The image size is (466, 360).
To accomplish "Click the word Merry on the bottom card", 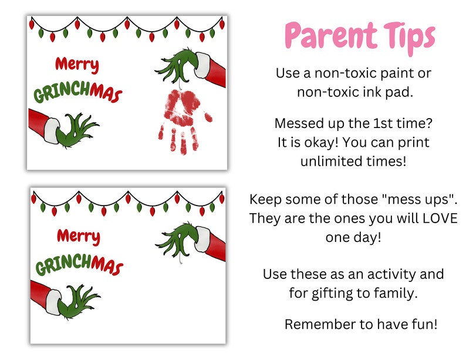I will click(x=79, y=237).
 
